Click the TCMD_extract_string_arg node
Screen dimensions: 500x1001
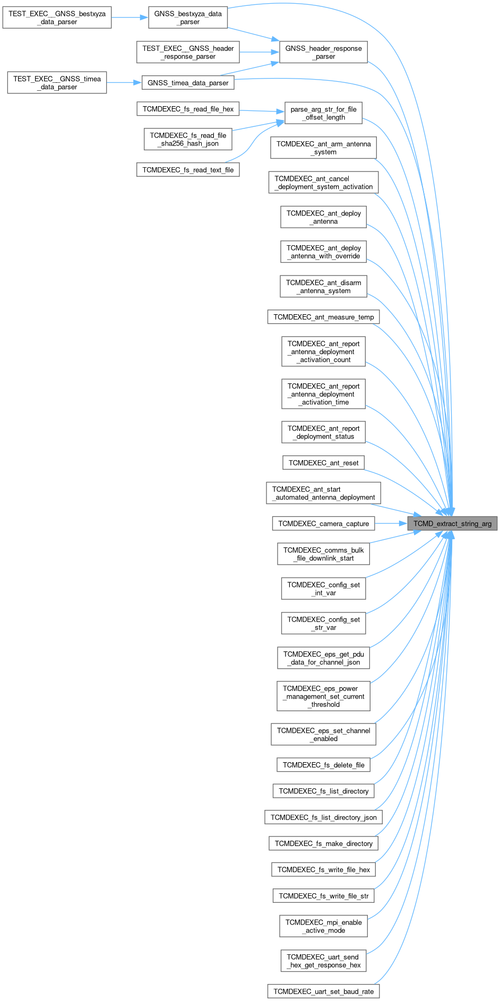[x=452, y=523]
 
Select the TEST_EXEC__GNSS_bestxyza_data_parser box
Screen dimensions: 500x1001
[x=57, y=18]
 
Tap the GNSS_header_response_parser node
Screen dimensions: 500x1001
[x=323, y=52]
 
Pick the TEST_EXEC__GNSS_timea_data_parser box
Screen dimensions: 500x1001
[x=57, y=83]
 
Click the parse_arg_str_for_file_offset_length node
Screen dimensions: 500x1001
[x=323, y=113]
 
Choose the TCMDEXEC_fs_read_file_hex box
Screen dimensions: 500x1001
[x=188, y=109]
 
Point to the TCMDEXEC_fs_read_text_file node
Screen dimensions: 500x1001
[x=188, y=170]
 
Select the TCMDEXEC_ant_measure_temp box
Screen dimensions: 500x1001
[x=323, y=317]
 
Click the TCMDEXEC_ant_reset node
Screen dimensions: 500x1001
[x=323, y=463]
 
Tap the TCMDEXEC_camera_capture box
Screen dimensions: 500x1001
[x=323, y=523]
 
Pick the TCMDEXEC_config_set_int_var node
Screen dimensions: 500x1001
[x=323, y=589]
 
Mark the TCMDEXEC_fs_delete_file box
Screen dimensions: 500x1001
[x=323, y=765]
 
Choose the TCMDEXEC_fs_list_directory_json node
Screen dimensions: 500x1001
[x=323, y=817]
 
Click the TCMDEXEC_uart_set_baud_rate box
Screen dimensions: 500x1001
[x=323, y=991]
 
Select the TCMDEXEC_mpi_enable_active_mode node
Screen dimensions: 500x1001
[x=323, y=926]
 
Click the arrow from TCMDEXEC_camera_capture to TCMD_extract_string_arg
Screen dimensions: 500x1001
[x=391, y=523]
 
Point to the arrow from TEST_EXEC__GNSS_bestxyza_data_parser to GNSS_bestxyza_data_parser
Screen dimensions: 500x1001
[x=130, y=18]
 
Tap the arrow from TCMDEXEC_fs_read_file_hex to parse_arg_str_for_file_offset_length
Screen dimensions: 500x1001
[x=262, y=110]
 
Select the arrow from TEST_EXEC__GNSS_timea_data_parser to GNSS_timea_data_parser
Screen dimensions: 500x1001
[x=124, y=83]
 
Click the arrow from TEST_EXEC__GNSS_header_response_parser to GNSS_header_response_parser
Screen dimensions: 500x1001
[x=260, y=52]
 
